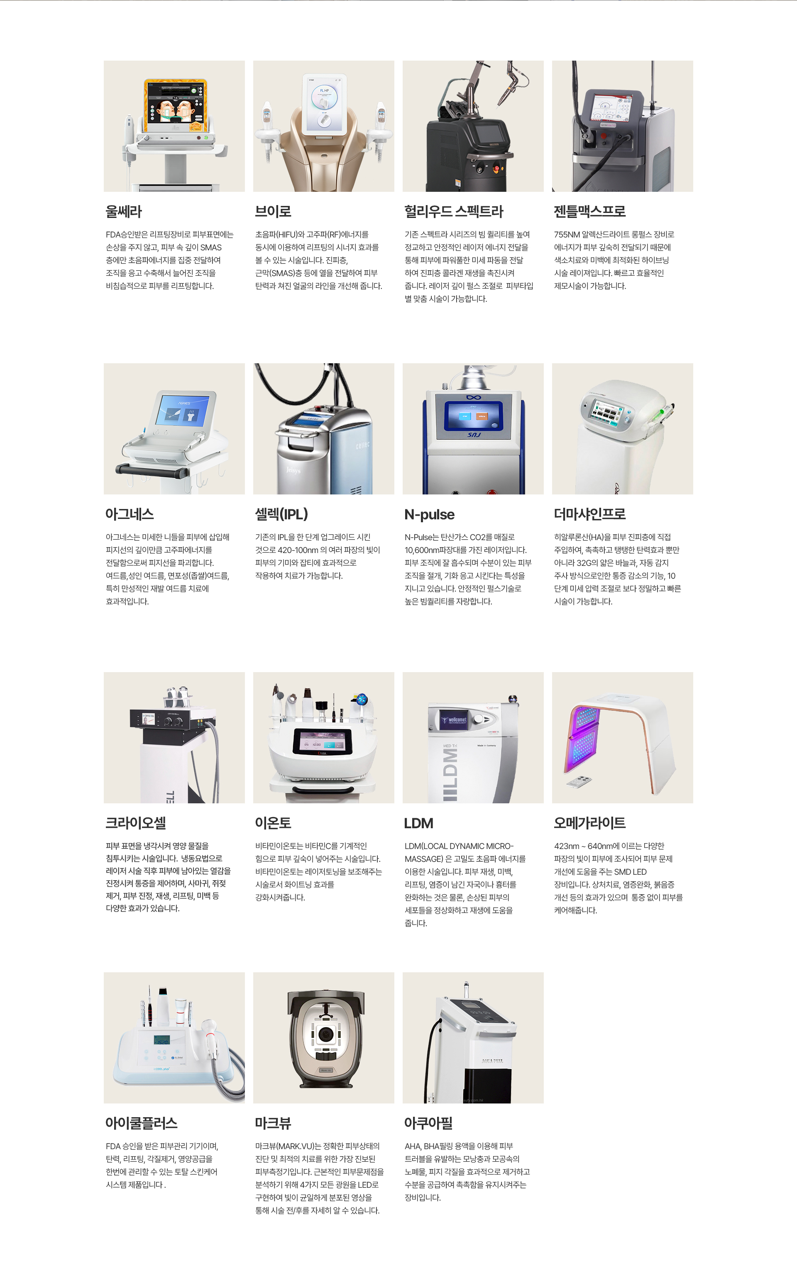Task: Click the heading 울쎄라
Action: click(124, 211)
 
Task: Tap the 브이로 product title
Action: click(273, 211)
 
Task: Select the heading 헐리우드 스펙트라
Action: click(454, 211)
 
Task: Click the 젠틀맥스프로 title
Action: click(590, 211)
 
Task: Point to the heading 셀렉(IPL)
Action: click(281, 514)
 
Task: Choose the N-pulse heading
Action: click(430, 514)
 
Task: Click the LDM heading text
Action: click(418, 823)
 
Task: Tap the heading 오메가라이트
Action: click(590, 822)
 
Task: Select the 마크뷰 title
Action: click(273, 1123)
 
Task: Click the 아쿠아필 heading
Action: click(428, 1123)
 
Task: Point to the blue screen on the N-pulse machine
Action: click(473, 416)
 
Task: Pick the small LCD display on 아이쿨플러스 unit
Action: click(161, 1040)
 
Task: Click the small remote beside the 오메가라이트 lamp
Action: click(579, 781)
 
